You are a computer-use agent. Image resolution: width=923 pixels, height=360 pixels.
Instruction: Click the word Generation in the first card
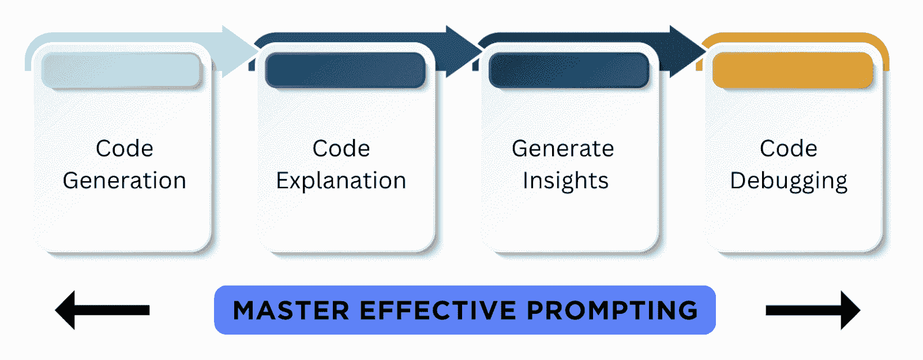(124, 181)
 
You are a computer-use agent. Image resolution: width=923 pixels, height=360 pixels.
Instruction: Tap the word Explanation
(341, 181)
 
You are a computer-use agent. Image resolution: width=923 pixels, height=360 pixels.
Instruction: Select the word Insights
(565, 181)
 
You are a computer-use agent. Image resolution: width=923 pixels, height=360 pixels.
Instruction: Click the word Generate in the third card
(563, 149)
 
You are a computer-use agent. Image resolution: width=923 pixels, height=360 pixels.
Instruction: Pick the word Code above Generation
(125, 149)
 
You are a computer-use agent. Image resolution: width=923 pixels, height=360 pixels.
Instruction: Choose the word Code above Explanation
(341, 149)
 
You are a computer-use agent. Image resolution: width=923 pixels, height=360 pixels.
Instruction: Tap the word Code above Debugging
(789, 149)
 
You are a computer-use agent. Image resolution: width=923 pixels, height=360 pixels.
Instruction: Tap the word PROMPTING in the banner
(612, 310)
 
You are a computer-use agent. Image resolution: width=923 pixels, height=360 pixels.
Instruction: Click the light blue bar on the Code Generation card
(121, 70)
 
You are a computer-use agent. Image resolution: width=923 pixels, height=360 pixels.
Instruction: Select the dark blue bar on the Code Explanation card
(345, 70)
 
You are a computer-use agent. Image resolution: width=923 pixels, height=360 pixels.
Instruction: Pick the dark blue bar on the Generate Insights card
(569, 70)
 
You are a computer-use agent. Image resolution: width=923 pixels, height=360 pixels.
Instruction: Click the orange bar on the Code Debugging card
(793, 70)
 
